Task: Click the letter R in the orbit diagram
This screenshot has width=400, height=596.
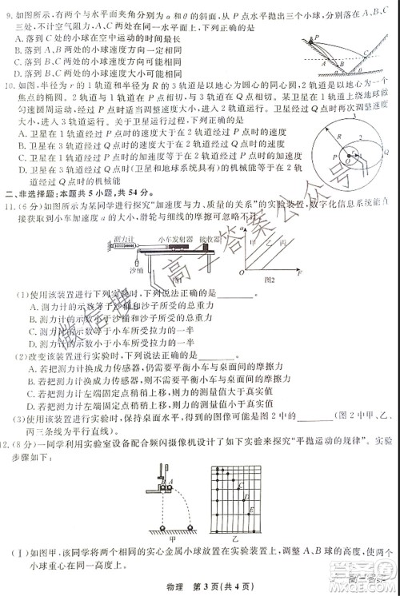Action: [338, 138]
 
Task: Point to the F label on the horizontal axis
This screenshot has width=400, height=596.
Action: [298, 274]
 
